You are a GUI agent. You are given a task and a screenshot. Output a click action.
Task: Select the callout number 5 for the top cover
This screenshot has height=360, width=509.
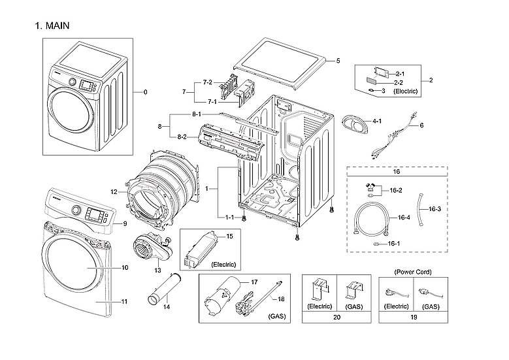point(338,61)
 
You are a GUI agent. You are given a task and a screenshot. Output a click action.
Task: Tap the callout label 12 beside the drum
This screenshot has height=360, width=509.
point(114,192)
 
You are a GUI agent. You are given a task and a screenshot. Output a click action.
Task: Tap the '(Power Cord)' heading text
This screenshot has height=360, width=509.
point(413,271)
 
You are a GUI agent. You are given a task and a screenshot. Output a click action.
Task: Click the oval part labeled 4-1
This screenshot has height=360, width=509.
point(353,124)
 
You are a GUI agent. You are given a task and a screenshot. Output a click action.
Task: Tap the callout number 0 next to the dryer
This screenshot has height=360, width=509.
point(145,92)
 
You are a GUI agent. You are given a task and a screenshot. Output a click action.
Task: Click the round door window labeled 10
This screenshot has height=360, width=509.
point(72,268)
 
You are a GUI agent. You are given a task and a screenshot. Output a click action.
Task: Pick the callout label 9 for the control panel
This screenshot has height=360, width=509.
point(123,224)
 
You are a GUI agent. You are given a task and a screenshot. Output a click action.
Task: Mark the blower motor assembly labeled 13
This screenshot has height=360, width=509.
point(150,248)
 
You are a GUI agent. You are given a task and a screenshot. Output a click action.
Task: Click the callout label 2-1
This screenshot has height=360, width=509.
point(400,74)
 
